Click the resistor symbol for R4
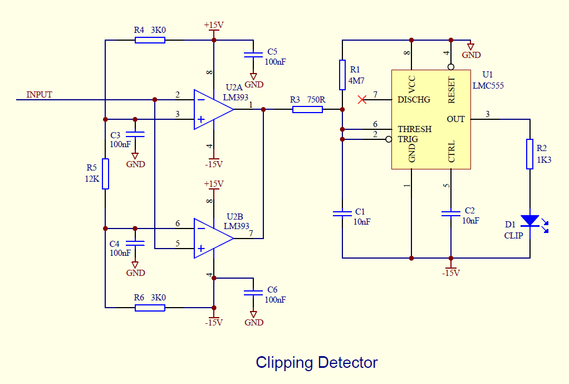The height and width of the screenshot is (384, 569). coord(150,40)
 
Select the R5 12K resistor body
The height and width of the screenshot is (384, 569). coord(105,174)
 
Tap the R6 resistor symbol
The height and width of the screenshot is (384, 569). coord(150,307)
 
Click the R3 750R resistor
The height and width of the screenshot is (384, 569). coord(307,109)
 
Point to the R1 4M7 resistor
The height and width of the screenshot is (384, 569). coord(342,75)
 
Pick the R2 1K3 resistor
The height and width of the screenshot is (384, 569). coord(530,154)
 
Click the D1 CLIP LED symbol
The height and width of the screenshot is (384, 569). coord(530,221)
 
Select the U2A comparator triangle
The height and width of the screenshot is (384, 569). coord(212,109)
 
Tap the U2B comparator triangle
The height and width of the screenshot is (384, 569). coord(212,238)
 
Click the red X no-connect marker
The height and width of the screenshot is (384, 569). coord(362,100)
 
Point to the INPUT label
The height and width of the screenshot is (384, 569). coord(39,95)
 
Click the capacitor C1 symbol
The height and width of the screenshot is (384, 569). coord(342,213)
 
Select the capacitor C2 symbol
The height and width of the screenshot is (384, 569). coord(450,213)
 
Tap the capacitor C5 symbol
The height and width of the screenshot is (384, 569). coord(253,54)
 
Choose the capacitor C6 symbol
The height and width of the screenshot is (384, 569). coord(253,291)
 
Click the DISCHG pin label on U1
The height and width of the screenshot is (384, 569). coord(414,100)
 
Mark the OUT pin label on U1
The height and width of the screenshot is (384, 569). coord(455,119)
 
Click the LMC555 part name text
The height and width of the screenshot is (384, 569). coord(488,85)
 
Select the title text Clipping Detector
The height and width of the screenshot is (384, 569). coord(316,363)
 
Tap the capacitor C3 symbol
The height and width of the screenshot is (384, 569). coord(135,134)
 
